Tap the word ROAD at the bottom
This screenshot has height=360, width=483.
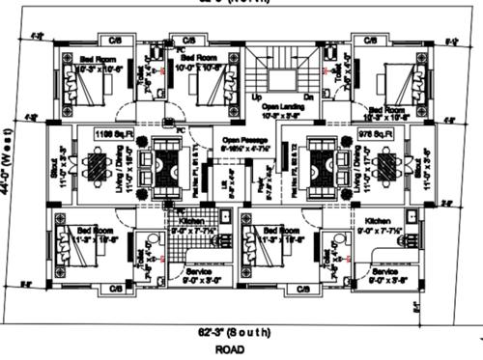(229, 348)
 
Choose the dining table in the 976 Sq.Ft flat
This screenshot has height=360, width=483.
(386, 170)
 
